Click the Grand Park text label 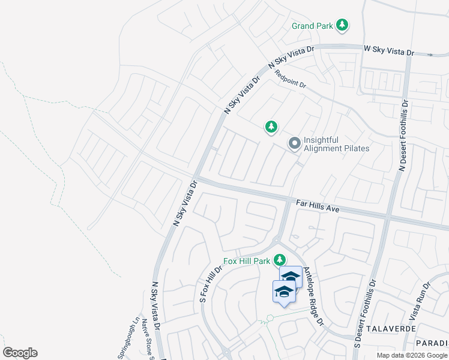[312, 26]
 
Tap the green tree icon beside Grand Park [342, 25]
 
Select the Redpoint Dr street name [291, 80]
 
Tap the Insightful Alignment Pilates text [336, 144]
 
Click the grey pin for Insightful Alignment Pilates [294, 143]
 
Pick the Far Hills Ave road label [318, 206]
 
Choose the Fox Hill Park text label [247, 261]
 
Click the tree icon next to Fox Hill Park [279, 260]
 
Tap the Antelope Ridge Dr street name [313, 296]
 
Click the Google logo [20, 353]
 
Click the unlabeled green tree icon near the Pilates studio [271, 127]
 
